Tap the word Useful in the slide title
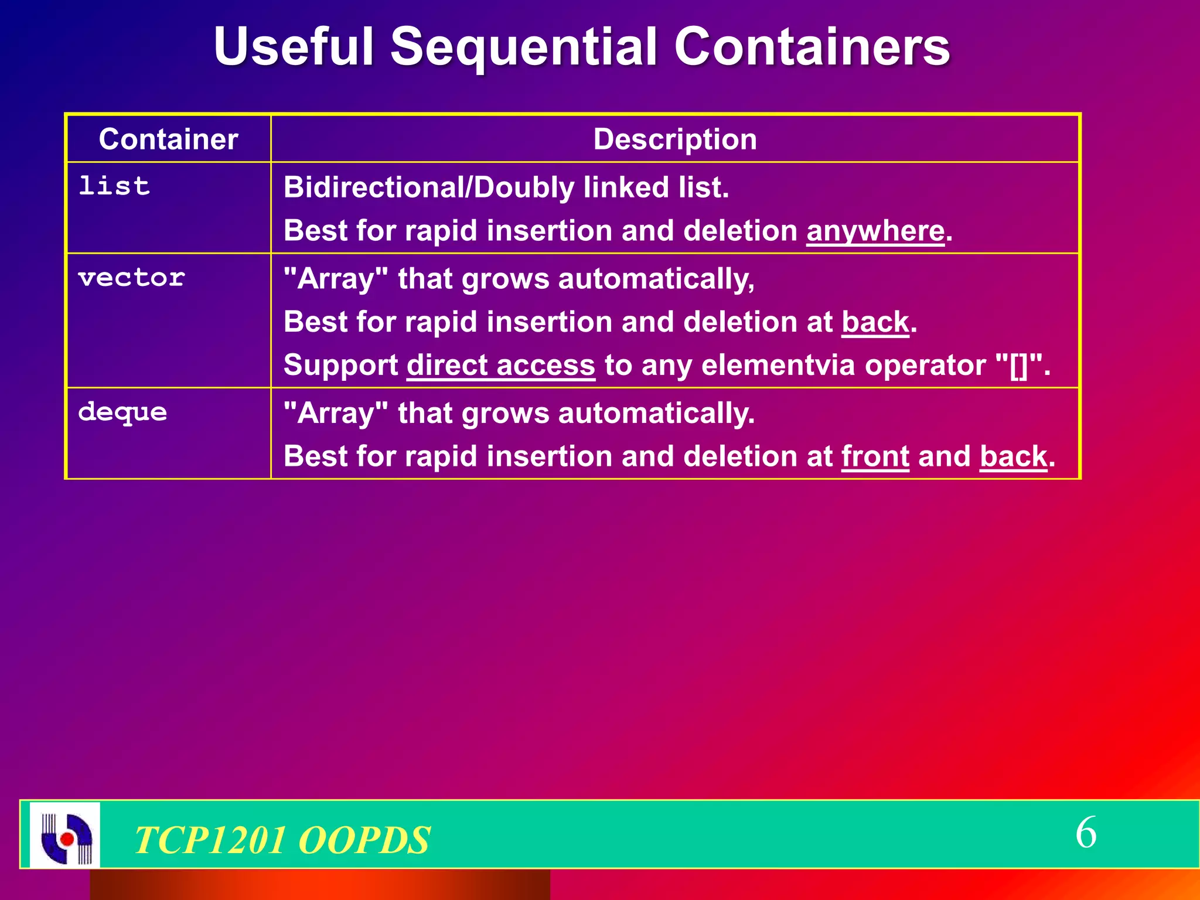294,47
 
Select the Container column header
168,139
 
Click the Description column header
675,139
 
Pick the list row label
114,186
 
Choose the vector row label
131,278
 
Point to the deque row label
122,412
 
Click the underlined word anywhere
875,231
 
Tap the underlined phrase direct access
501,366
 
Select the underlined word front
875,456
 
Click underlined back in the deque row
1013,456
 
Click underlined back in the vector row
875,322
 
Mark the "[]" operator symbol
1019,366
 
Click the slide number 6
1086,833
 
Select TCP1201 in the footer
209,840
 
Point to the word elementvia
778,366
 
